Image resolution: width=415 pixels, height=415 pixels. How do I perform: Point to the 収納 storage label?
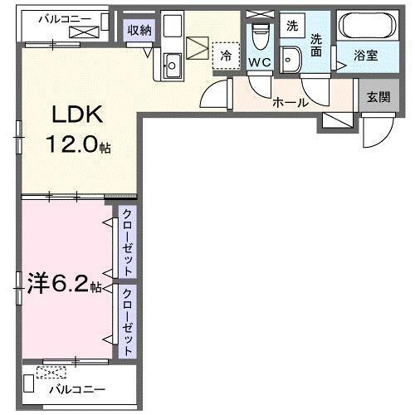[x=139, y=31]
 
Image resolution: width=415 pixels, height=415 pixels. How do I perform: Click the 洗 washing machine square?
[x=291, y=26]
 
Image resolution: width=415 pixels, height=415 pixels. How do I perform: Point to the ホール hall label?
[x=290, y=103]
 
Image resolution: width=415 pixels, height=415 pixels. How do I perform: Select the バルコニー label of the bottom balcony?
[x=76, y=388]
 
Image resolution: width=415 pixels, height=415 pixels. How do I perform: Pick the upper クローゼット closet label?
[x=127, y=242]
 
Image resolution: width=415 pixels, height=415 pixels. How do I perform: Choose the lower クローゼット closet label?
[x=127, y=322]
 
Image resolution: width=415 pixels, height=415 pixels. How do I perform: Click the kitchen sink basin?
[x=173, y=63]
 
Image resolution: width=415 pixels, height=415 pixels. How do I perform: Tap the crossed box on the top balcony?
[x=84, y=32]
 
